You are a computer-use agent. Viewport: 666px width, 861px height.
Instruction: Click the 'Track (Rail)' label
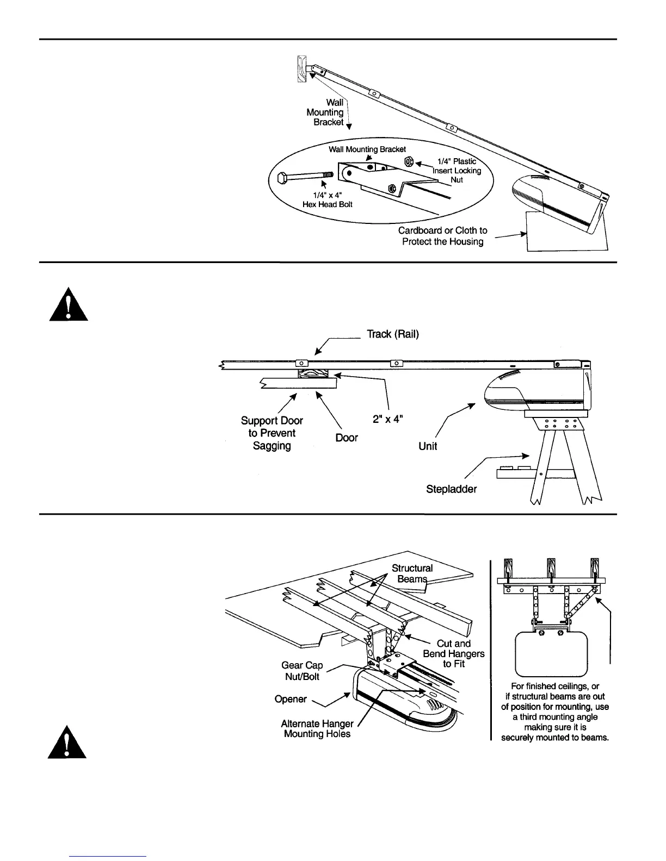click(392, 334)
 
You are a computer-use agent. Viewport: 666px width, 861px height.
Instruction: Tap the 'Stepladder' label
click(451, 489)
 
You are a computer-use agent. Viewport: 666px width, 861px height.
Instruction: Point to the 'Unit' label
click(428, 446)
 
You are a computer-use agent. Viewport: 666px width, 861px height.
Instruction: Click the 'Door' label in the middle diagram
click(347, 438)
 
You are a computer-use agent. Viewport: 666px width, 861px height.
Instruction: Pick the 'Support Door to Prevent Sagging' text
click(272, 433)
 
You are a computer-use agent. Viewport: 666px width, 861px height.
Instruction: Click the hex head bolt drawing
click(304, 178)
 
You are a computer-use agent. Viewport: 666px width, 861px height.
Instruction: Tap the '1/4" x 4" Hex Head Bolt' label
click(327, 199)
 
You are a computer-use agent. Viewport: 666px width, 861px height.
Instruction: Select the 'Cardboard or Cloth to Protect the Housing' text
click(442, 236)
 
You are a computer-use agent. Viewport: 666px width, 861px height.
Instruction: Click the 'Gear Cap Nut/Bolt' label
click(302, 671)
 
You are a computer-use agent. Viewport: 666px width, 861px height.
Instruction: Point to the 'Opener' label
click(291, 699)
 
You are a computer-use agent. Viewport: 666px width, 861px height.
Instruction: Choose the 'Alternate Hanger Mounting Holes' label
click(317, 729)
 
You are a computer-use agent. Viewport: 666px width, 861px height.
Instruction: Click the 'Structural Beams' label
click(412, 573)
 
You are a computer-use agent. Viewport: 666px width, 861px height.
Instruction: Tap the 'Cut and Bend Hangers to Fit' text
click(454, 653)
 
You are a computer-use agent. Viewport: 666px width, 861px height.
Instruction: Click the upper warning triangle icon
click(68, 304)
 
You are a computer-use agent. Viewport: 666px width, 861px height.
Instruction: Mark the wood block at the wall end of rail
click(302, 69)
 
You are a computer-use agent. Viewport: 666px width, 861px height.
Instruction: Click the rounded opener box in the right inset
click(551, 653)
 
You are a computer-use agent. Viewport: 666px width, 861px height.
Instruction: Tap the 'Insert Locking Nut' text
click(457, 171)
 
